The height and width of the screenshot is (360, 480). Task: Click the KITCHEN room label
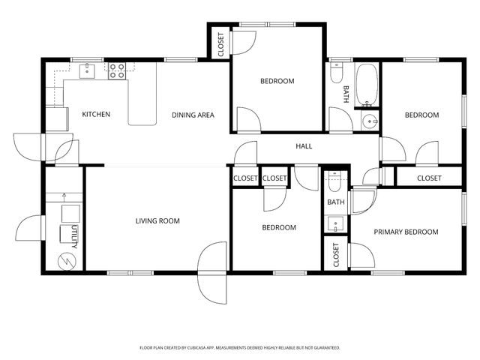pos(96,115)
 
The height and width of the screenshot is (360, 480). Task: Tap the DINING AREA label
pos(193,115)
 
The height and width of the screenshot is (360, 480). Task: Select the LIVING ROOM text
pos(157,220)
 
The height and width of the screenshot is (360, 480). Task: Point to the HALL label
pos(304,146)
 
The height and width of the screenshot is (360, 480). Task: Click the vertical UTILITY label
pos(74,237)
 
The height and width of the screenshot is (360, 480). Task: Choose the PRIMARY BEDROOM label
pos(406,232)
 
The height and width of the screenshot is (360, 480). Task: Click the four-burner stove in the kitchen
pos(117,71)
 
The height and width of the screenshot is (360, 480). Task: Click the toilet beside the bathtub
pos(337,76)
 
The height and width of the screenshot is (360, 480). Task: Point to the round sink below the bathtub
pos(368,122)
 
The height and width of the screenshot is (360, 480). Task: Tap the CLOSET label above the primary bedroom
pos(429,178)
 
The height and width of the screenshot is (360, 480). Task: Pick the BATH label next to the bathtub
pos(346,94)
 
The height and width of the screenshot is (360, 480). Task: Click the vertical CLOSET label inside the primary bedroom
pos(335,255)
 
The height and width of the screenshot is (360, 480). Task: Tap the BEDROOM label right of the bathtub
pos(421,115)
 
